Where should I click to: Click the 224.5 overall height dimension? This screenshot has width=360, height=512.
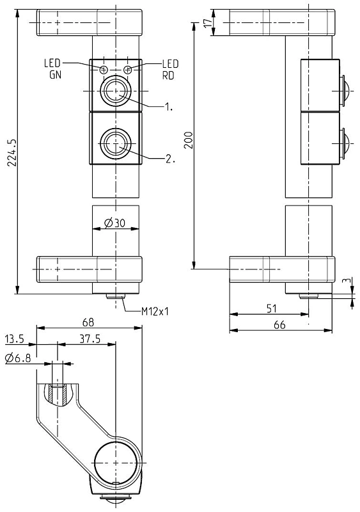point(12,152)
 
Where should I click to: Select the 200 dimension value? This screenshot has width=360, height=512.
point(189,140)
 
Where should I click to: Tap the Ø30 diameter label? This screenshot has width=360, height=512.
point(114,223)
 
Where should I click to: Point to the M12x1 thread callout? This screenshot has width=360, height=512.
point(155,312)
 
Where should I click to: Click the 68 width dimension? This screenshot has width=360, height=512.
point(88,323)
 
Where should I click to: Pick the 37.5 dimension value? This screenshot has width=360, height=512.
point(90,339)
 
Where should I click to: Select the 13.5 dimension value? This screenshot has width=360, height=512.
point(14,339)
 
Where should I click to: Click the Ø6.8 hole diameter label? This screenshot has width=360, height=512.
point(18,358)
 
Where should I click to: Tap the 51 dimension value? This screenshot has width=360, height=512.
point(272,308)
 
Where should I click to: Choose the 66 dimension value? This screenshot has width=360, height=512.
point(279,325)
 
